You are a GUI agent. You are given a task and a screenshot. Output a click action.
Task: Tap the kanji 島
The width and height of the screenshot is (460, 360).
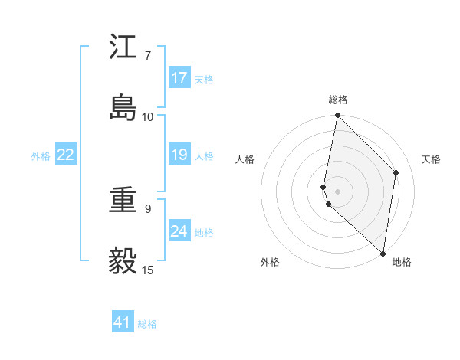[x=123, y=108]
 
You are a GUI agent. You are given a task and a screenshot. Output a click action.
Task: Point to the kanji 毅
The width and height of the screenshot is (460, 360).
[x=123, y=261]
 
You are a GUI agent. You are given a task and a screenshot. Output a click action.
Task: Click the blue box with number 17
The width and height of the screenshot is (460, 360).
[x=179, y=78]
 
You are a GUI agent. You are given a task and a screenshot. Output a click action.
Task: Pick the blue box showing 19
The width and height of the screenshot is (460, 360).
[x=179, y=155]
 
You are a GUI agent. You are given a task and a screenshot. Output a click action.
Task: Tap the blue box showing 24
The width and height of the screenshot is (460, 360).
[x=179, y=231]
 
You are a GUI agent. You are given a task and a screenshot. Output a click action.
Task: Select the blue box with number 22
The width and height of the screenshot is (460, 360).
[x=66, y=155]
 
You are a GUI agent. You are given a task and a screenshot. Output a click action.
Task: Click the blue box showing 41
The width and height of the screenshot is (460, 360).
[x=123, y=322]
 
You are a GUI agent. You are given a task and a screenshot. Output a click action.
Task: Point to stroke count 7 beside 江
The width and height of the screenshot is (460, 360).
[x=147, y=56]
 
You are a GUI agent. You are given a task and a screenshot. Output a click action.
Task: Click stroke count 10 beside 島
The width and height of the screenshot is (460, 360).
[x=147, y=117]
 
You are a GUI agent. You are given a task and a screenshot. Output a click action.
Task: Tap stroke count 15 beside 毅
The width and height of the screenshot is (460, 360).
[x=147, y=270]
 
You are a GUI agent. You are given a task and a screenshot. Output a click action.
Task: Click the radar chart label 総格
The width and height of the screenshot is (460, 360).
[x=338, y=100]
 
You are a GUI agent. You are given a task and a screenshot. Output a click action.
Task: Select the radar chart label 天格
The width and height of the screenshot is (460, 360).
[x=432, y=159]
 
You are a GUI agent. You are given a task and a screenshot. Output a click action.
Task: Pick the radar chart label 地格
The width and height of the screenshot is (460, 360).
[x=402, y=262]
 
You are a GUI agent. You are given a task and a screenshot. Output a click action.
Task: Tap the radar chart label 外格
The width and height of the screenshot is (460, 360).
[x=269, y=262]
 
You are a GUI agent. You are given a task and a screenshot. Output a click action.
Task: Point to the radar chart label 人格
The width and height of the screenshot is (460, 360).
[x=245, y=159]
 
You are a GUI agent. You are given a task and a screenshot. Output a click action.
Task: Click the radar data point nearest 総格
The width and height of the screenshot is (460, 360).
[x=338, y=116]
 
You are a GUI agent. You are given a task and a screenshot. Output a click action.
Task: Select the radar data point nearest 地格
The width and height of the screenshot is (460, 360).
[x=383, y=254]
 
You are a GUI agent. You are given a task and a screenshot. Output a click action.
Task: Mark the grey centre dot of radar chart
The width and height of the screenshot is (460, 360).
[x=338, y=191]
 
